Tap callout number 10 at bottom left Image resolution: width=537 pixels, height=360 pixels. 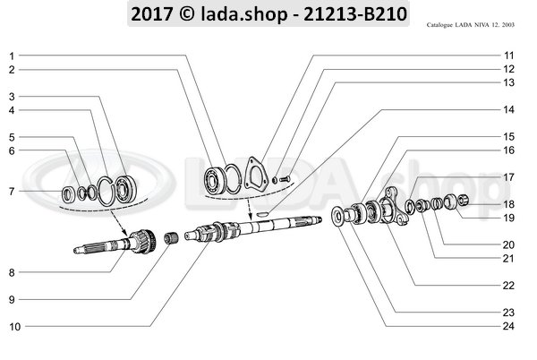click(14, 327)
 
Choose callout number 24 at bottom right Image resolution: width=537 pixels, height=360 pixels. click(507, 326)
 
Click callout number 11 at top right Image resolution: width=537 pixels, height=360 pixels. click(507, 56)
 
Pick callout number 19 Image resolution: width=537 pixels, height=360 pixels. click(507, 218)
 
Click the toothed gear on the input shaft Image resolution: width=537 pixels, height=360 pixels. click(136, 239)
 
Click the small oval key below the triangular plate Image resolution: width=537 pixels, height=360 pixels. click(259, 213)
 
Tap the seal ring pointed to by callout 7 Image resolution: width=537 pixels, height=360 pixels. click(67, 193)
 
